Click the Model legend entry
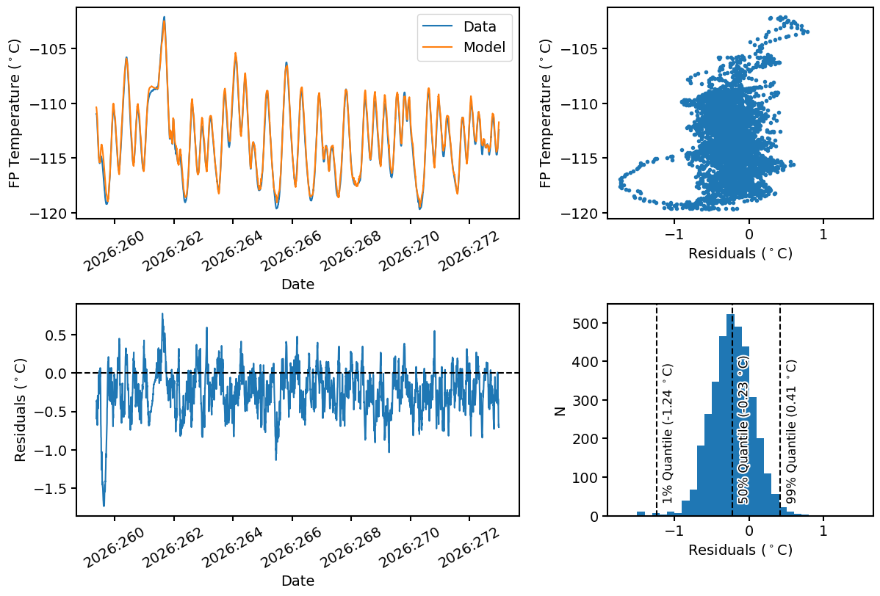pos(465,47)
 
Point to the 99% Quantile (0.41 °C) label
pos(791,432)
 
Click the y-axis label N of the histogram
pos(560,410)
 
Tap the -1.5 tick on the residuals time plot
pos(50,488)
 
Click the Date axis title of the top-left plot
pos(297,284)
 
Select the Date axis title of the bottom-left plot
pos(297,581)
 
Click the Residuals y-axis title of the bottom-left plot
pos(21,410)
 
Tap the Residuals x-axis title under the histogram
pos(740,550)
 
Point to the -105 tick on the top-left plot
pos(50,48)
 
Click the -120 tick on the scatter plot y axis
pos(581,213)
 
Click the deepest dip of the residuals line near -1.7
pos(104,506)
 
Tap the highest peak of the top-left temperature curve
pos(165,18)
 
